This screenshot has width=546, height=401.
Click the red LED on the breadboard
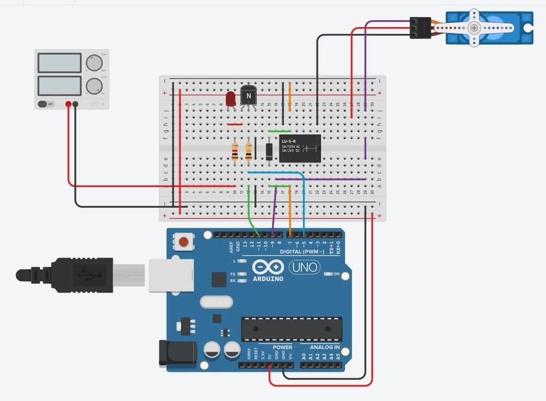[x=230, y=99]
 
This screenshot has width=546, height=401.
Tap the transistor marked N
[x=248, y=96]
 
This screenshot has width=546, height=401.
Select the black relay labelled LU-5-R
[x=299, y=148]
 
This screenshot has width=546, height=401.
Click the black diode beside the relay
[x=269, y=151]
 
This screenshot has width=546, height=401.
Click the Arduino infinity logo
[x=268, y=268]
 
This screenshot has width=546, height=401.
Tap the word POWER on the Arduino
[x=282, y=348]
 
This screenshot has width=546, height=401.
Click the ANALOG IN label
[x=325, y=348]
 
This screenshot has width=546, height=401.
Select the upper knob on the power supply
[x=95, y=62]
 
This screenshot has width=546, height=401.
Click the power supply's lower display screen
[x=60, y=86]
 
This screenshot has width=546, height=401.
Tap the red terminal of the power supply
[x=69, y=104]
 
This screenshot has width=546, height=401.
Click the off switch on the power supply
[x=46, y=104]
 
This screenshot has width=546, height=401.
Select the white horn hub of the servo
[x=474, y=28]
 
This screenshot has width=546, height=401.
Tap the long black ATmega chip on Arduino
[x=292, y=329]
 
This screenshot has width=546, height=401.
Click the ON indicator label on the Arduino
[x=336, y=273]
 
